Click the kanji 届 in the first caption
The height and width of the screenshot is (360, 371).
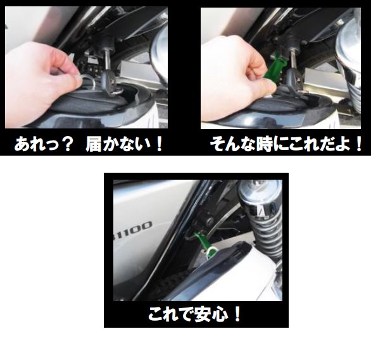tap(94, 144)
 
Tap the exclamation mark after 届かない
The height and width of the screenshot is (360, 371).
tap(160, 144)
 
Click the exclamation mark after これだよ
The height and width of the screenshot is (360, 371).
tap(358, 144)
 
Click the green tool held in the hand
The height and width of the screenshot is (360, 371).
tap(275, 67)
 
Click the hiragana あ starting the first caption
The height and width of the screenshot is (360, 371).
tap(22, 144)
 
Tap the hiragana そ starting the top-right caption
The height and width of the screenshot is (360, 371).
tap(217, 144)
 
